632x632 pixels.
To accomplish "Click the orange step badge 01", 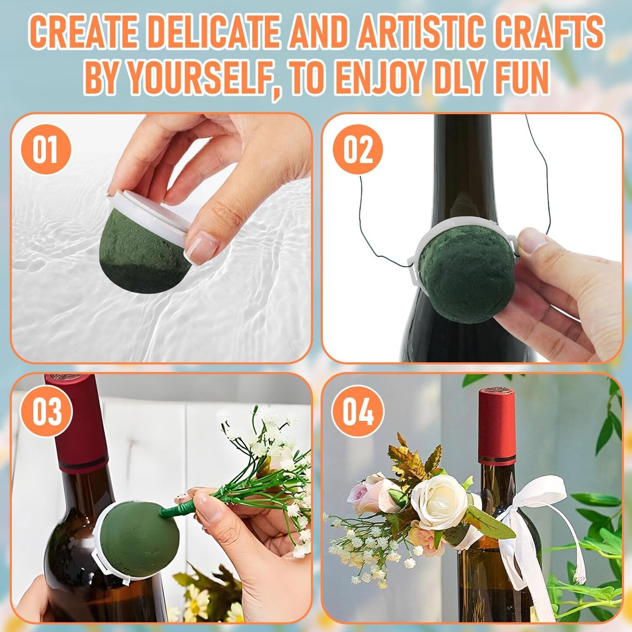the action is [x=46, y=150].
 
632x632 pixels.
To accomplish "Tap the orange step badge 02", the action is [x=358, y=150].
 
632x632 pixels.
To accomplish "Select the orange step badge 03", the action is [x=46, y=411].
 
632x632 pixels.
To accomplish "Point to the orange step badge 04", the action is [x=358, y=411].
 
